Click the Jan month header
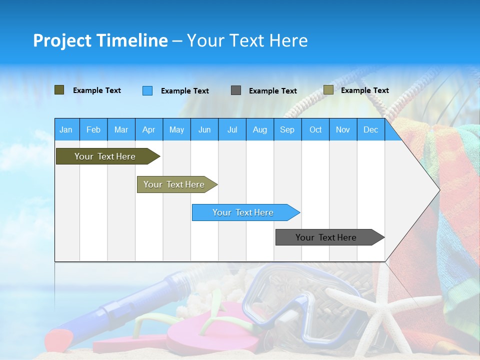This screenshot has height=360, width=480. [x=66, y=129]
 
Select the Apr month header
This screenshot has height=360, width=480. [x=148, y=129]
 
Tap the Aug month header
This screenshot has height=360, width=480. [x=259, y=129]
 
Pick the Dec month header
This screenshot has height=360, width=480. [x=370, y=129]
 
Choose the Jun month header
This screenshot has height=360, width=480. [x=204, y=129]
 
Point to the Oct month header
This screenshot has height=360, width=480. [x=315, y=129]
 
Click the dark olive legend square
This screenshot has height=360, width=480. [x=59, y=90]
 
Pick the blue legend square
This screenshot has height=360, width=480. [x=147, y=90]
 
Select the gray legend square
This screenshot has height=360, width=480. [x=235, y=90]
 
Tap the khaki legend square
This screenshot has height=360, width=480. [x=328, y=90]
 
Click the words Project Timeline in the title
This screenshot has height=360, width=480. [x=100, y=40]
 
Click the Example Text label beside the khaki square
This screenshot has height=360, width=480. [x=364, y=90]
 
